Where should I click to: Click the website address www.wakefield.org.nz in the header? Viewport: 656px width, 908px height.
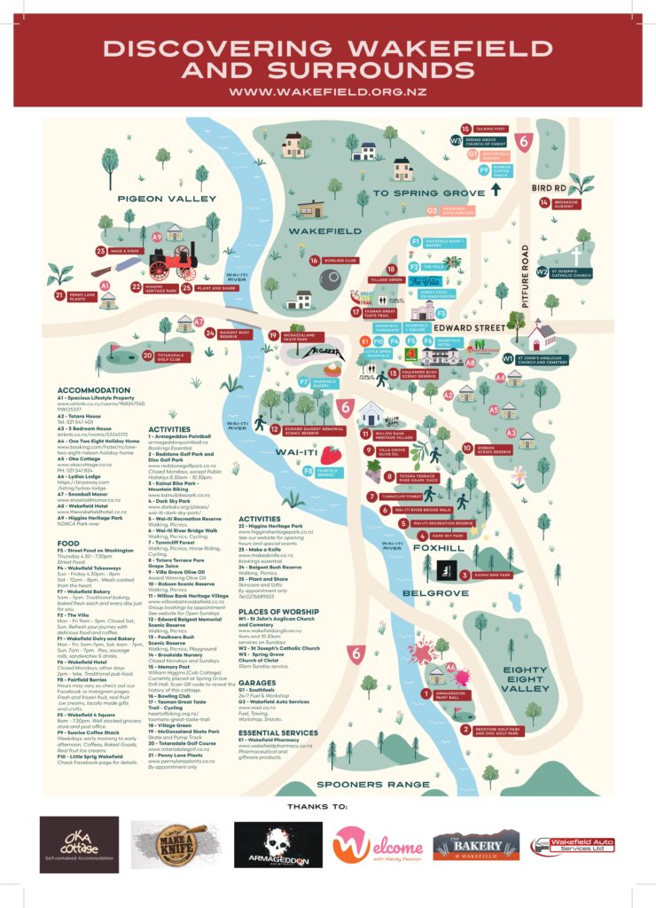[x=328, y=91]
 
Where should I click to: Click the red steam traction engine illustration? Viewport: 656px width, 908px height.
[x=171, y=261]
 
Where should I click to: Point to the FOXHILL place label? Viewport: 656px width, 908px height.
[x=437, y=547]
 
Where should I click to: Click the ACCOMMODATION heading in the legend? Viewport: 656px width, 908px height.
[x=94, y=390]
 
